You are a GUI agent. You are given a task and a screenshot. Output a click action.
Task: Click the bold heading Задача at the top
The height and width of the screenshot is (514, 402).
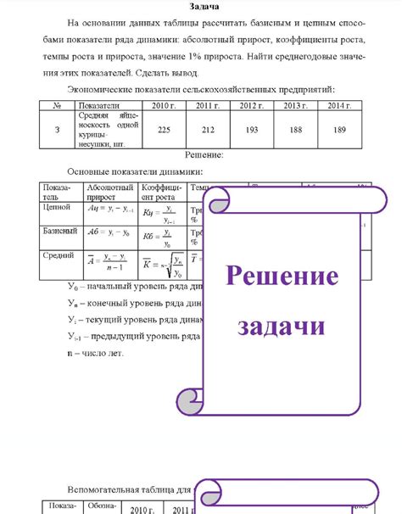[200, 7]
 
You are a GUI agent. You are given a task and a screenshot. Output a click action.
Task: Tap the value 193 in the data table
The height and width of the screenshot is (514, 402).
[250, 130]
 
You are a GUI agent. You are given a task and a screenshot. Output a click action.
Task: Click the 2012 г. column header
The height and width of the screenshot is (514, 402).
[250, 105]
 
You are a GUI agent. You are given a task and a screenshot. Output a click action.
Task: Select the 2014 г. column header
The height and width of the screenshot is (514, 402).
[341, 105]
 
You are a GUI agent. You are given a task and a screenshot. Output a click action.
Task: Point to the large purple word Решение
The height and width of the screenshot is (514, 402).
[281, 277]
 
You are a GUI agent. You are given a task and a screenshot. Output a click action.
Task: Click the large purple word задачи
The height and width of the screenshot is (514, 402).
[281, 325]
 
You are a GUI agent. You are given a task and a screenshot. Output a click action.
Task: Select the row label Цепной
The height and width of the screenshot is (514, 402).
[56, 206]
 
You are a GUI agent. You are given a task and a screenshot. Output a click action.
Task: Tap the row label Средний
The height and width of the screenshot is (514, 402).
[58, 254]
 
